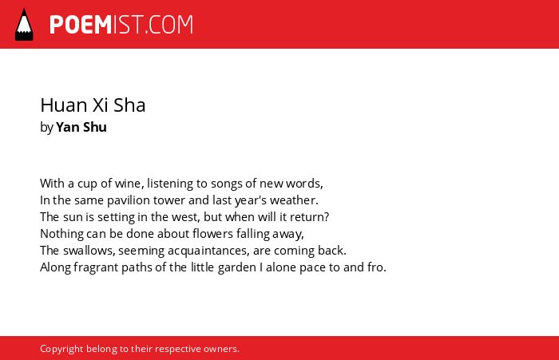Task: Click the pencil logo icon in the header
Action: click(x=24, y=25)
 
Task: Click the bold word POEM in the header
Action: click(x=81, y=25)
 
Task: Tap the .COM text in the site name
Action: click(x=169, y=25)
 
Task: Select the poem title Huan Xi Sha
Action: click(x=93, y=105)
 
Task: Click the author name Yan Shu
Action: click(x=81, y=127)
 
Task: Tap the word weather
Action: click(x=294, y=200)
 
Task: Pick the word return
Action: click(x=309, y=217)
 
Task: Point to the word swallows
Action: click(x=89, y=251)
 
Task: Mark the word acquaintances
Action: click(x=208, y=251)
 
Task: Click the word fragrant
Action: click(x=96, y=267)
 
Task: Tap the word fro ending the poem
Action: click(x=377, y=267)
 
